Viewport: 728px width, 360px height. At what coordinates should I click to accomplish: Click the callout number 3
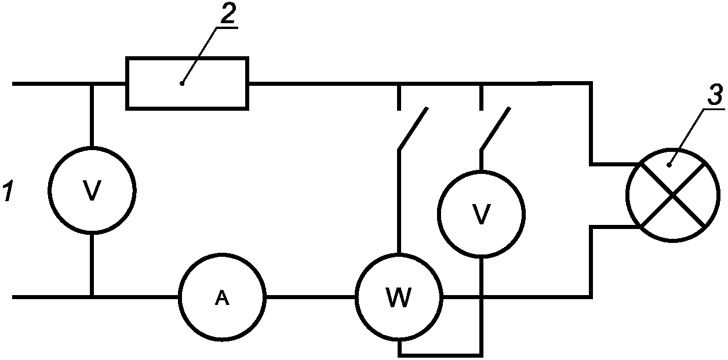[715, 94]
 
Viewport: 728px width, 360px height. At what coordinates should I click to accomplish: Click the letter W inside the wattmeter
[399, 297]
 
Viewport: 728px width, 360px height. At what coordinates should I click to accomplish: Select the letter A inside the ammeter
[223, 298]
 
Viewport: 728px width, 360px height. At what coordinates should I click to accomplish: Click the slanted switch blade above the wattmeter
[413, 129]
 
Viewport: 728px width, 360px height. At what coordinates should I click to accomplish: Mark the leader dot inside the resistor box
[182, 84]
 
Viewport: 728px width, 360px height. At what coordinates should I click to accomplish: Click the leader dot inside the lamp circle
[669, 165]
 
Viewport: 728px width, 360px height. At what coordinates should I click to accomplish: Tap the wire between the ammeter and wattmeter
[311, 297]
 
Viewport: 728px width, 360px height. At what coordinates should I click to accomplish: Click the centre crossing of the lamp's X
[673, 195]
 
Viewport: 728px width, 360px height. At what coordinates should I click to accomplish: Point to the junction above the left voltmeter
[92, 84]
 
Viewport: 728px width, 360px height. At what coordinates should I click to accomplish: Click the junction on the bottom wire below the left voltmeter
[92, 297]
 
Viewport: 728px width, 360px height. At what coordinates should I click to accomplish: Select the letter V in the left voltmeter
[92, 190]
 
